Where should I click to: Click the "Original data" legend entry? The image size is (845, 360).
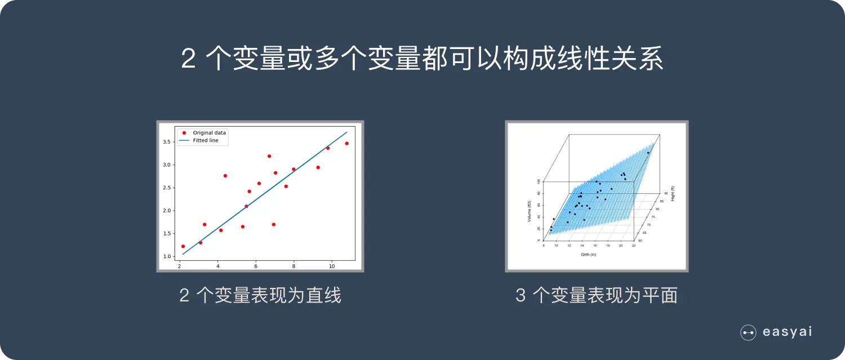209,133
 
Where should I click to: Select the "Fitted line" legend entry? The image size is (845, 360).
205,140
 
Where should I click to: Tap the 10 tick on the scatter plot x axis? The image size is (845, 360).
332,266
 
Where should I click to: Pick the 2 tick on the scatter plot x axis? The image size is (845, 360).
180,266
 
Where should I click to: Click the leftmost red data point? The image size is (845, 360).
183,246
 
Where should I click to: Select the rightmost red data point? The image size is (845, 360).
346,143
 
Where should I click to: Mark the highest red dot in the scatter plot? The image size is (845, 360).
269,156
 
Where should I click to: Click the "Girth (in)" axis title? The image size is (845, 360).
588,255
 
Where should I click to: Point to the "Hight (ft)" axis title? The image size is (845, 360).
673,193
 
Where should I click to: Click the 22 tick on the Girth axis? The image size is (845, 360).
634,246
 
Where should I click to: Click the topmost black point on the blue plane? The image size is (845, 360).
648,153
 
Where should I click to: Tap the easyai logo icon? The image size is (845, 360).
748,332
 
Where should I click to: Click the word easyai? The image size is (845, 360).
787,332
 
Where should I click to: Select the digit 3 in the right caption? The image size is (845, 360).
521,295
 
